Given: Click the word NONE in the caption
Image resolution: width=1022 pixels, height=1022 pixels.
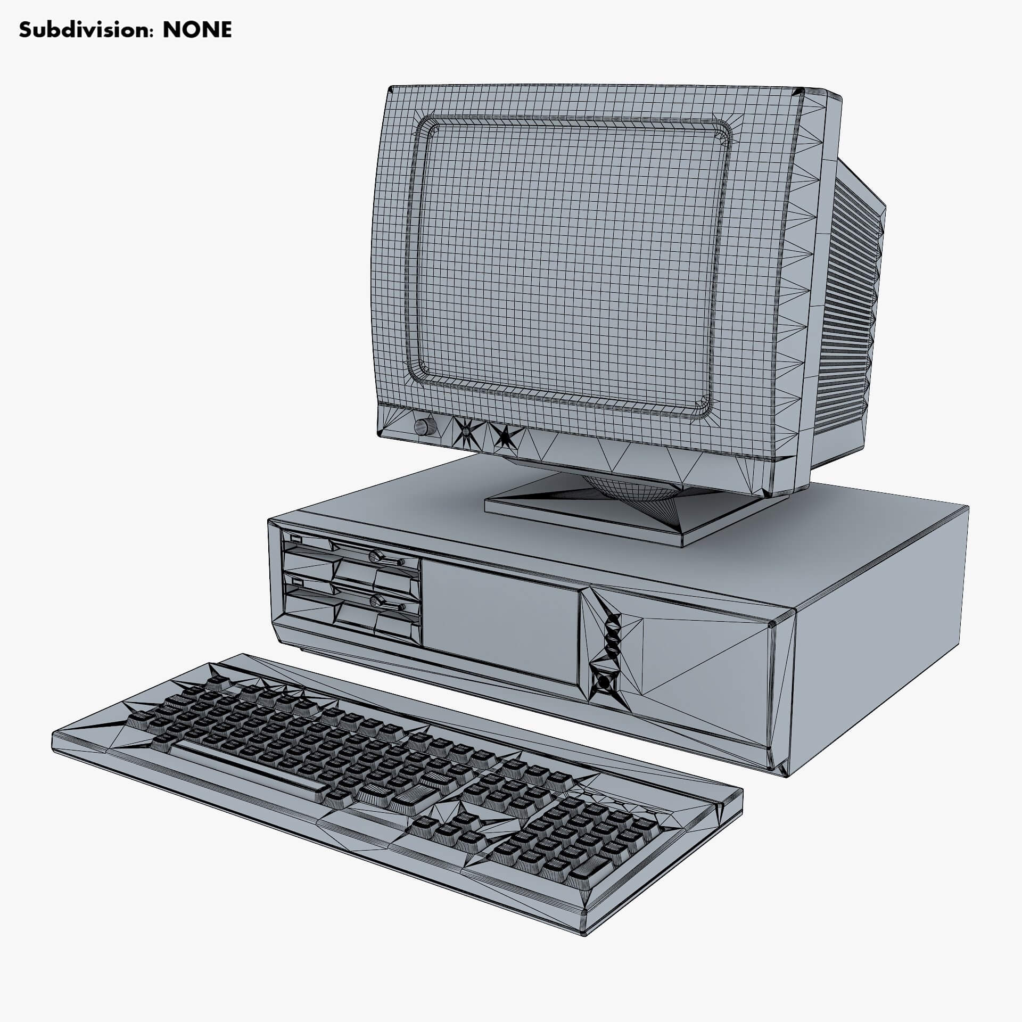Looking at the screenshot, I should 197,30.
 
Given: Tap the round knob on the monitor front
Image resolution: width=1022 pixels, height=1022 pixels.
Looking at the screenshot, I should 424,426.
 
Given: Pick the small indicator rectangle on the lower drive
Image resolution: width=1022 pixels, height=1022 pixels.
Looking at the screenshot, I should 294,584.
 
